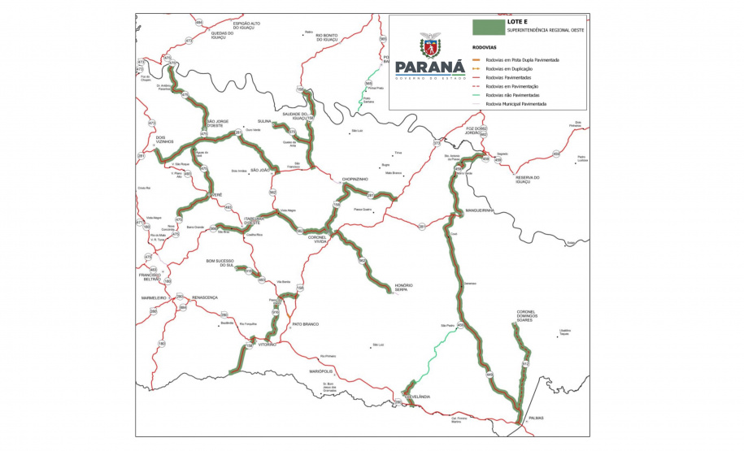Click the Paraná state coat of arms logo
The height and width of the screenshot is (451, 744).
[429, 46]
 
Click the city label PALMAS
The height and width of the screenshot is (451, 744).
[534, 418]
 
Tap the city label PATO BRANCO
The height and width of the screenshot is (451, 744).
[304, 324]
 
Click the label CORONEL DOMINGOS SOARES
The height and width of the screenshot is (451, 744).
[530, 316]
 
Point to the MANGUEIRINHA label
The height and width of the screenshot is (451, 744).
[480, 210]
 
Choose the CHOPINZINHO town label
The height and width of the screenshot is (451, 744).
[355, 178]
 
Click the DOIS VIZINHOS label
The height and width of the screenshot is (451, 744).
[165, 139]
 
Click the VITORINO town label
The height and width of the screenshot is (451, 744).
[268, 344]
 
